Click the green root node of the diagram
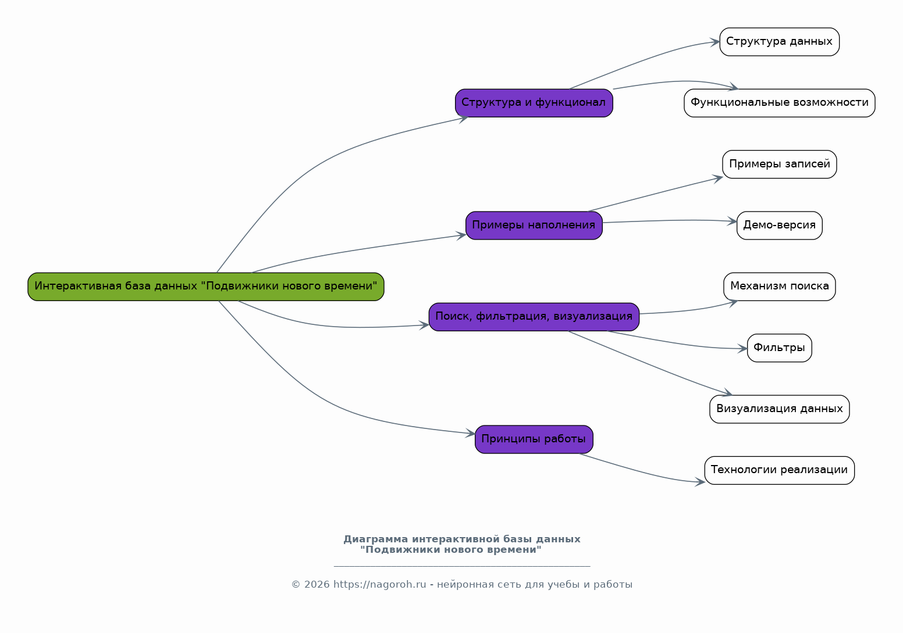205,287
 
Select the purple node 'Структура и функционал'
534,103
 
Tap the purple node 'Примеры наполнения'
534,226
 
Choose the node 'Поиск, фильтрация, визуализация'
534,317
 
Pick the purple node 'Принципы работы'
534,439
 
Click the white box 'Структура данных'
779,42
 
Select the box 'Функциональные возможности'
779,103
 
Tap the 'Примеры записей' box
779,164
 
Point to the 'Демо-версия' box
779,226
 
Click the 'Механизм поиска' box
779,287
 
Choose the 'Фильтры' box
779,348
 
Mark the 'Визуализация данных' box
779,409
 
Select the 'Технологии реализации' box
779,470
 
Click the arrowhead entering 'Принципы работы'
471,433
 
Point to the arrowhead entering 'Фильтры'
742,349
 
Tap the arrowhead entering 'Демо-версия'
732,221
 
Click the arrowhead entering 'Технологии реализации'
700,482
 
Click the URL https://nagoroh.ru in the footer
379,584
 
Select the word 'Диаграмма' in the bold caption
375,539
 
